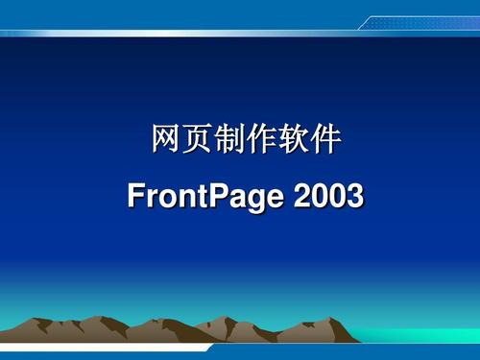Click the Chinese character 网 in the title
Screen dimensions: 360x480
164,141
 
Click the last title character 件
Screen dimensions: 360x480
326,141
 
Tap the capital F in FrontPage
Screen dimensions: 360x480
135,198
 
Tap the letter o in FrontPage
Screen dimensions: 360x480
164,201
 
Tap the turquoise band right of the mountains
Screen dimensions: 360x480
422,333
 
